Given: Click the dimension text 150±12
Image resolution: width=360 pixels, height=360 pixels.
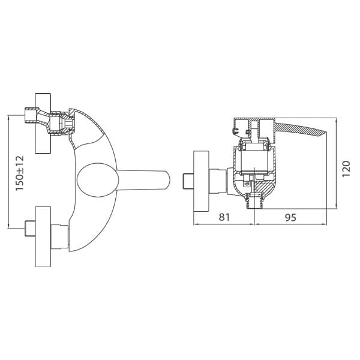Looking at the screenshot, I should point(19,173).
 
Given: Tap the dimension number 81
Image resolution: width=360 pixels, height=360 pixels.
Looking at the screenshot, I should point(224,217).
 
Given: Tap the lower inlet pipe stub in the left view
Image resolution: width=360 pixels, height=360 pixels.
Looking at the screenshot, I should point(28,229).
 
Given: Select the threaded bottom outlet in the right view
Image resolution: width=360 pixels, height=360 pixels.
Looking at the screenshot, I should point(256,201).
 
